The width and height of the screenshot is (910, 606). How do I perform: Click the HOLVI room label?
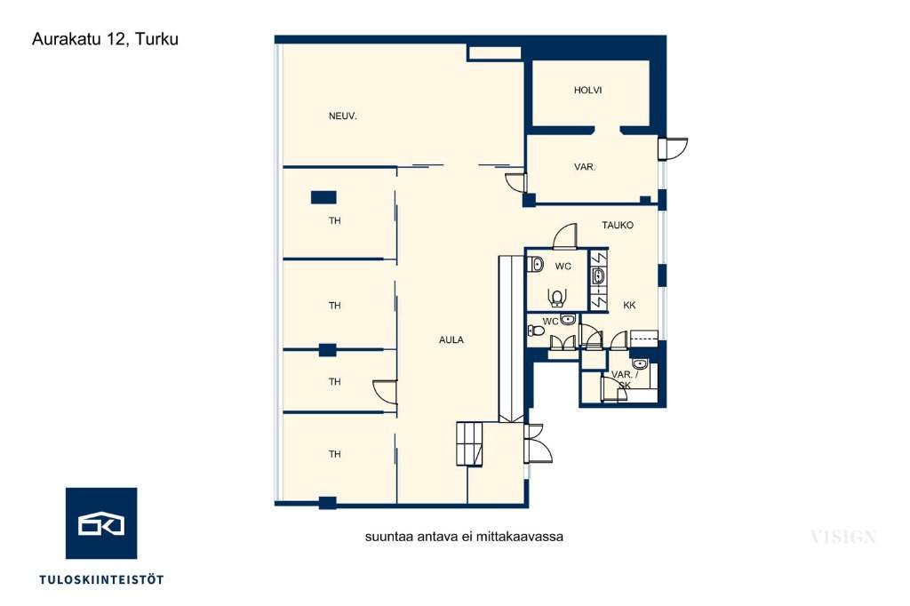click(x=587, y=90)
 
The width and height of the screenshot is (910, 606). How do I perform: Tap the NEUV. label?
click(x=342, y=116)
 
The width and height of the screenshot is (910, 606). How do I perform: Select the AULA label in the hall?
click(x=451, y=339)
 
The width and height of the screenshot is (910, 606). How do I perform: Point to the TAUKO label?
click(x=618, y=225)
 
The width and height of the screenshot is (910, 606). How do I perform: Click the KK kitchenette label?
click(x=629, y=305)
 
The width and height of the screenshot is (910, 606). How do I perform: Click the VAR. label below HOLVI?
click(x=585, y=166)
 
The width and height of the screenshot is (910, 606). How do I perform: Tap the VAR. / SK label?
click(x=625, y=379)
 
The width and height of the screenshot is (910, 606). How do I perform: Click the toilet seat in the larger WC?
click(x=556, y=297)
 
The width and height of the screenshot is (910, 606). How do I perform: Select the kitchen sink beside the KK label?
click(x=598, y=276)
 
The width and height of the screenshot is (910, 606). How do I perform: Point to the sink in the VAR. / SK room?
click(x=639, y=364)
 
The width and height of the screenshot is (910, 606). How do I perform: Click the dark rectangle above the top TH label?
click(x=323, y=197)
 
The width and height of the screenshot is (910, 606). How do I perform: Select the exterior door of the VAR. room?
click(x=672, y=148)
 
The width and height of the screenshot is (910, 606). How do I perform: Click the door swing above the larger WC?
click(x=565, y=236)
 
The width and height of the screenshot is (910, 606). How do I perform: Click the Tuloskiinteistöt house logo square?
click(x=101, y=523)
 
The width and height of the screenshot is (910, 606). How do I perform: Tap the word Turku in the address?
click(x=156, y=39)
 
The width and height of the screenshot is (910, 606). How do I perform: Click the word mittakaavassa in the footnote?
click(x=523, y=537)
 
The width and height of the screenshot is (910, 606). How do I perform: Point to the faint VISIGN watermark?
click(x=843, y=537)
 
